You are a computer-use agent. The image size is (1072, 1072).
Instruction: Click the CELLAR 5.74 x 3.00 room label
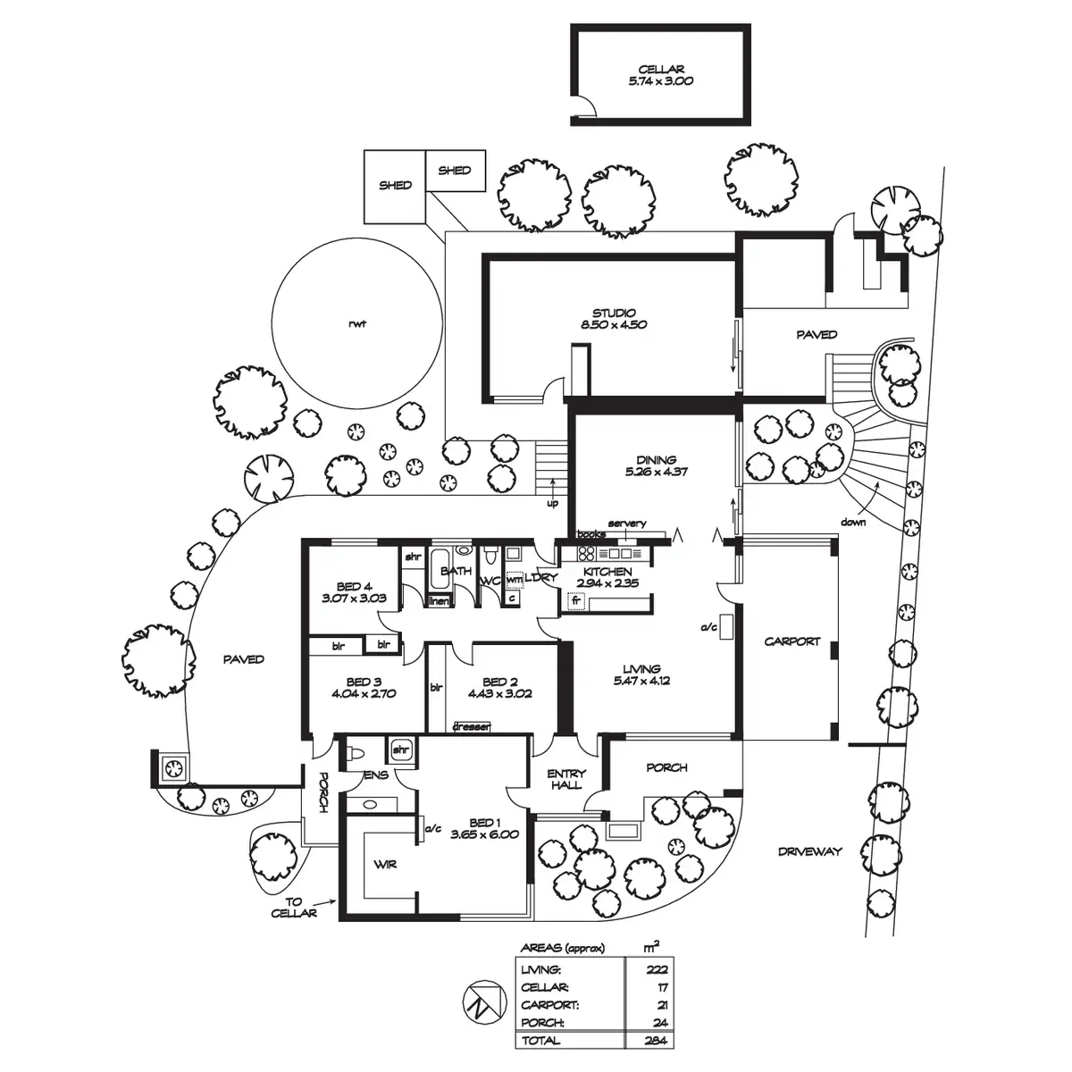point(660,75)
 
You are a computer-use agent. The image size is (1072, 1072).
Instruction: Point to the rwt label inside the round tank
point(357,323)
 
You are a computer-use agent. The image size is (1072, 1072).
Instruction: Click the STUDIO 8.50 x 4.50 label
point(614,318)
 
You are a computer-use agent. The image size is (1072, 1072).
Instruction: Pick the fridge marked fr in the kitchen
point(576,601)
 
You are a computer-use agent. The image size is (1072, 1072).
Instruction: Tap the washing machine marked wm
point(515,579)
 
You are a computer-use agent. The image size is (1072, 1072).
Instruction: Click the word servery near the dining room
point(627,523)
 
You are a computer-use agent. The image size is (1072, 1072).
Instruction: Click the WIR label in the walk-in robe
point(385,865)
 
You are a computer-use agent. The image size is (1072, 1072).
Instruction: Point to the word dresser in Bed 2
point(472,726)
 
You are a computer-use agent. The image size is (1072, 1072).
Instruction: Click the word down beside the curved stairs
point(853,522)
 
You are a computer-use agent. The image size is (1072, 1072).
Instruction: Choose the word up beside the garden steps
point(552,504)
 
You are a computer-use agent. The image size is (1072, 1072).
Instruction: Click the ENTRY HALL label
point(566,779)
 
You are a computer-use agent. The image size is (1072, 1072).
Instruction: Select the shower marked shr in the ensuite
point(400,750)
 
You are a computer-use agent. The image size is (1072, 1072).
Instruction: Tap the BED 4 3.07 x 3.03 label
point(354,592)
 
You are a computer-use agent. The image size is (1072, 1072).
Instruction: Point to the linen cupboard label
point(440,601)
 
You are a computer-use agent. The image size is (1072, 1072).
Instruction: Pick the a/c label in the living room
point(708,627)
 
